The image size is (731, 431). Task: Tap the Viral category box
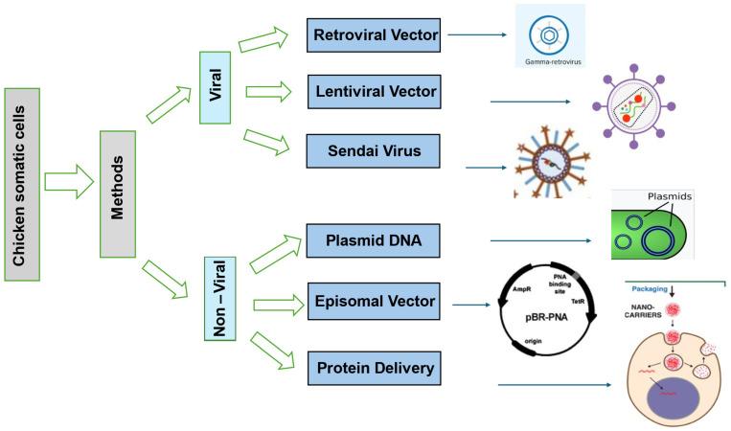[216, 88]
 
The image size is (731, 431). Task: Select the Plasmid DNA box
[374, 240]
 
